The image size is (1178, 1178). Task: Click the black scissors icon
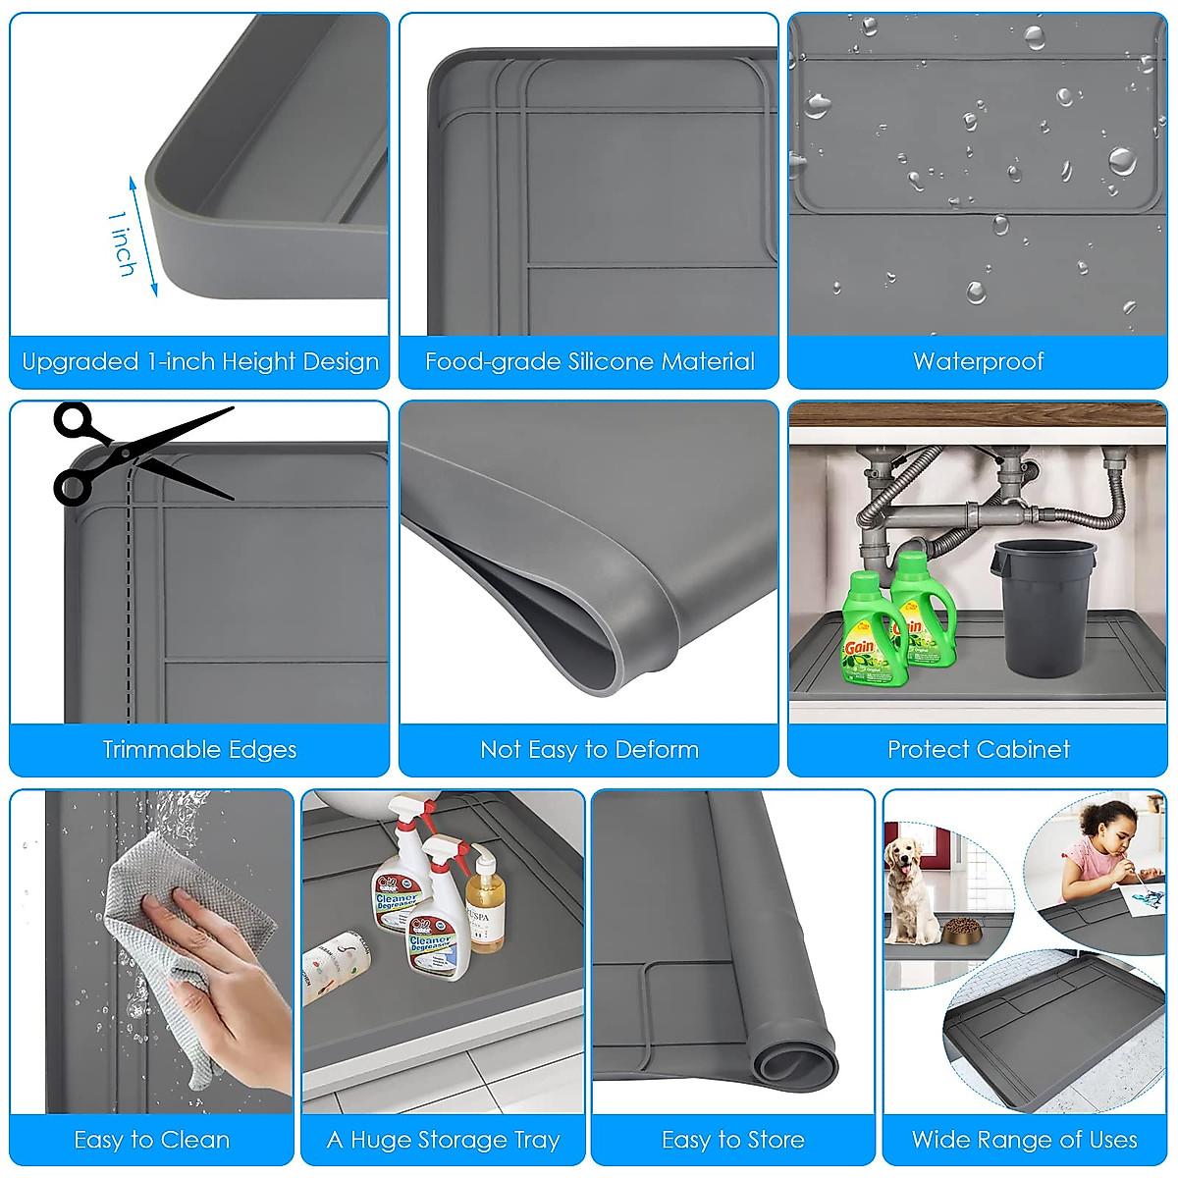(x=137, y=454)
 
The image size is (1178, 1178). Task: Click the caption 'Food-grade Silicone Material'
(x=589, y=362)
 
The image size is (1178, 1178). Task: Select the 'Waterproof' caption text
(x=978, y=362)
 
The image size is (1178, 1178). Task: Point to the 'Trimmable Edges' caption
(x=199, y=750)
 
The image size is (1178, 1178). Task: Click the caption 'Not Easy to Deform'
(x=589, y=750)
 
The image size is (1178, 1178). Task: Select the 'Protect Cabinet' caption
(x=978, y=750)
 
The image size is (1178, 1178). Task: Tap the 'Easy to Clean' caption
(x=151, y=1140)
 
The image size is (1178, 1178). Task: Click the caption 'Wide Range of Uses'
(x=1024, y=1140)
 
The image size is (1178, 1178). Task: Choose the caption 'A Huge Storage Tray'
(x=443, y=1140)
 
